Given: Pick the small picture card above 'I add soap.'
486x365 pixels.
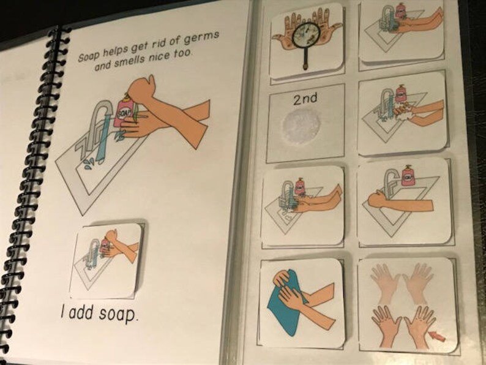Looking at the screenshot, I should (x=107, y=260).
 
